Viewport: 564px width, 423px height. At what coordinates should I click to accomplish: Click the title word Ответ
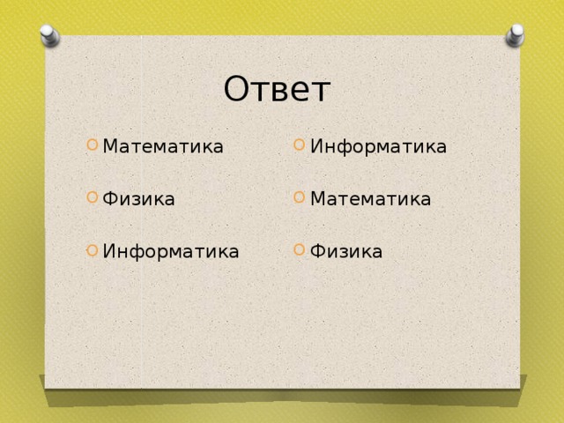pyautogui.click(x=277, y=89)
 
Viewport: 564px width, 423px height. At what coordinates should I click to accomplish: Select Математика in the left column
pyautogui.click(x=163, y=146)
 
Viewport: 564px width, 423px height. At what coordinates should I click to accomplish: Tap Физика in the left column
pyautogui.click(x=138, y=198)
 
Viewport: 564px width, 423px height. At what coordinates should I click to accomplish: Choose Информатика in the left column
pyautogui.click(x=171, y=251)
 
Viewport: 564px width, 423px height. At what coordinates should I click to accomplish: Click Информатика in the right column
pyautogui.click(x=378, y=146)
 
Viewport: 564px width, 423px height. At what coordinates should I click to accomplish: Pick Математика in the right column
pyautogui.click(x=370, y=199)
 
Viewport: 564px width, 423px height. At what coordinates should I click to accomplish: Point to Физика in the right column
pyautogui.click(x=346, y=251)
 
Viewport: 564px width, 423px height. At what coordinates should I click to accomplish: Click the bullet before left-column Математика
pyautogui.click(x=92, y=145)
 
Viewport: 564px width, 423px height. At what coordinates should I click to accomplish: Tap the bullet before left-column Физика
pyautogui.click(x=92, y=197)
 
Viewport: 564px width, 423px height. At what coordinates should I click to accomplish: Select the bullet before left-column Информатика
pyautogui.click(x=92, y=250)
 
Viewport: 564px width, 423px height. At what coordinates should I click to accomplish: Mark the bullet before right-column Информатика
pyautogui.click(x=300, y=145)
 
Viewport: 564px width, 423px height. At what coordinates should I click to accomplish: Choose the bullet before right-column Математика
pyautogui.click(x=300, y=197)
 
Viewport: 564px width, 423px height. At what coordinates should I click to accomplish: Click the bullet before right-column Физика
pyautogui.click(x=300, y=249)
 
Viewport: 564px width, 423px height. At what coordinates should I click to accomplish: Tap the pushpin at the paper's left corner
pyautogui.click(x=49, y=35)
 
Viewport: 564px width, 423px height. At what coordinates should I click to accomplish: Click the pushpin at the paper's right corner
pyautogui.click(x=515, y=35)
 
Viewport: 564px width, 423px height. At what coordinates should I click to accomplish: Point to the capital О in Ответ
pyautogui.click(x=236, y=88)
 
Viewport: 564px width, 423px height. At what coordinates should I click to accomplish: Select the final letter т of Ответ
pyautogui.click(x=322, y=92)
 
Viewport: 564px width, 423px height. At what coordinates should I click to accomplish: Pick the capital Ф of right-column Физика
pyautogui.click(x=319, y=251)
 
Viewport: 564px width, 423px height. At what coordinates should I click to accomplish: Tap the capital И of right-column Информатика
pyautogui.click(x=317, y=146)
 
